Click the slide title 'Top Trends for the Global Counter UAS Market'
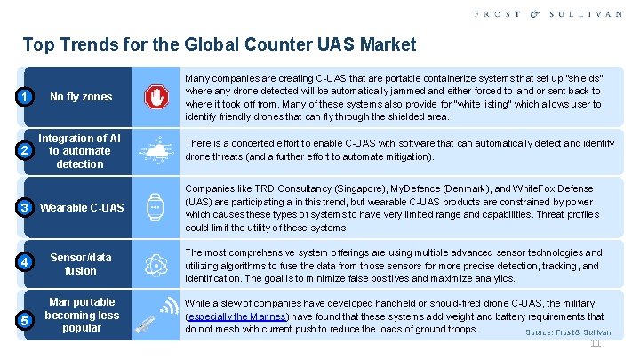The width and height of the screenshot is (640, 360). click(x=219, y=44)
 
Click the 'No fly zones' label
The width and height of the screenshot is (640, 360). click(x=81, y=96)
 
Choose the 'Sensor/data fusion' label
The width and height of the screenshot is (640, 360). click(x=81, y=263)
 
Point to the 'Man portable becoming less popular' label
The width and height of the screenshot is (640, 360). click(x=82, y=315)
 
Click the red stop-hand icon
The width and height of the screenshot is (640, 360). click(x=156, y=96)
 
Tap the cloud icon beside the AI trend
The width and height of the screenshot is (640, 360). click(x=156, y=152)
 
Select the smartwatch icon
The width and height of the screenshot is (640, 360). click(x=156, y=207)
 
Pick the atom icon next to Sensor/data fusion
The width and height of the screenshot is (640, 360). click(x=156, y=263)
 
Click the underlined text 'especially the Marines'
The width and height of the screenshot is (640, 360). click(x=236, y=316)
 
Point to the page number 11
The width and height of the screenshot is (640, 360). click(x=596, y=344)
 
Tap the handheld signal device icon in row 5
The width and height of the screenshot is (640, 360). click(x=156, y=316)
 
